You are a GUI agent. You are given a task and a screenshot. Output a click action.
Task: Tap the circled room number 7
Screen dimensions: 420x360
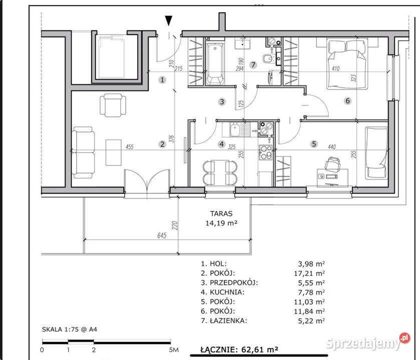click(253, 64)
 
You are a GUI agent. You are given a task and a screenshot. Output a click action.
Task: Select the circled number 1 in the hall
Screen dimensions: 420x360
click(162, 79)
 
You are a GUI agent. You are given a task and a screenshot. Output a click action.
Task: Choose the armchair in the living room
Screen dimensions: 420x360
click(113, 105)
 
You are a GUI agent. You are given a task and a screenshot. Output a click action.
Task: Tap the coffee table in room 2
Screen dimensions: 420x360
click(113, 152)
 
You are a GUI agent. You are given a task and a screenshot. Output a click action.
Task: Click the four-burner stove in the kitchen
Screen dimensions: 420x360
click(265, 152)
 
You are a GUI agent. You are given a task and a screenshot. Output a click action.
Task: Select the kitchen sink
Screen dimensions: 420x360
click(236, 129)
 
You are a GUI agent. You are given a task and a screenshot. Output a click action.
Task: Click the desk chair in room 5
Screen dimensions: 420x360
click(332, 163)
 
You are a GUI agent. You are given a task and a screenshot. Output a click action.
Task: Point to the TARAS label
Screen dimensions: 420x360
click(221, 213)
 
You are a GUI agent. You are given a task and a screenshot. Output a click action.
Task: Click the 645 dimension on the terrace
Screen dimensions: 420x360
click(162, 235)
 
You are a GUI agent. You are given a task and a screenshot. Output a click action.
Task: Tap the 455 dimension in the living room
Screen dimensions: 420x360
click(130, 146)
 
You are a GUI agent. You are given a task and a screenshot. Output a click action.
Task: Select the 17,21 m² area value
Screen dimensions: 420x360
click(309, 273)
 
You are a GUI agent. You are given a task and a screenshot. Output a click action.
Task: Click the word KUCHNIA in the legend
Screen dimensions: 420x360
click(227, 292)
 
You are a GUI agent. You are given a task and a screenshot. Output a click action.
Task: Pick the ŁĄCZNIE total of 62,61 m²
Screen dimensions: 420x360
click(239, 349)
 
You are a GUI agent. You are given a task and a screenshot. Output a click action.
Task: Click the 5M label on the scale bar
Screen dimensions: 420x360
click(174, 350)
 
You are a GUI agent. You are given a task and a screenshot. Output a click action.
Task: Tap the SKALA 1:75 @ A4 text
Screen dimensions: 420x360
click(70, 329)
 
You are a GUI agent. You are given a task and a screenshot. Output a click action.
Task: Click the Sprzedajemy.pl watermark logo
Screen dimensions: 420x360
click(367, 342)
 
